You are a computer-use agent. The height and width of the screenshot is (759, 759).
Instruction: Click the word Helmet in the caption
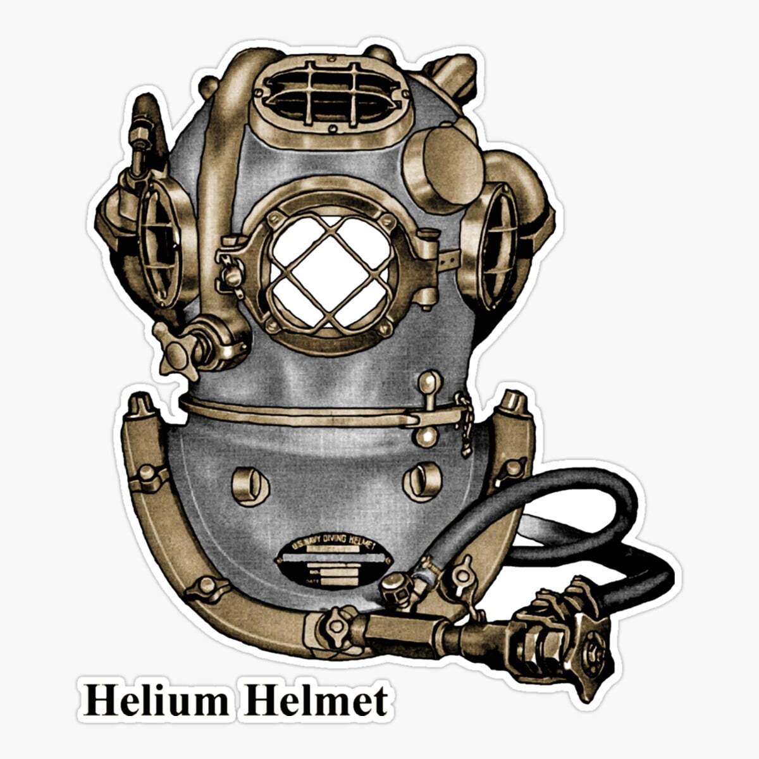tap(316, 701)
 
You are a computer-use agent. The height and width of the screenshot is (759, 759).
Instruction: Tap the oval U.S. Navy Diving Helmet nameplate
tap(331, 560)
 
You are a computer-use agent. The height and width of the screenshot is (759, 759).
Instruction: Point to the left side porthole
tap(158, 244)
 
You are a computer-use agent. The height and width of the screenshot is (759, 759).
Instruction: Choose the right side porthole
tap(497, 244)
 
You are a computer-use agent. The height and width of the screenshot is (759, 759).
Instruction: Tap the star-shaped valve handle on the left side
tap(173, 348)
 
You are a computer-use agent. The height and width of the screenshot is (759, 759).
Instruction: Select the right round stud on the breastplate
tap(422, 480)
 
